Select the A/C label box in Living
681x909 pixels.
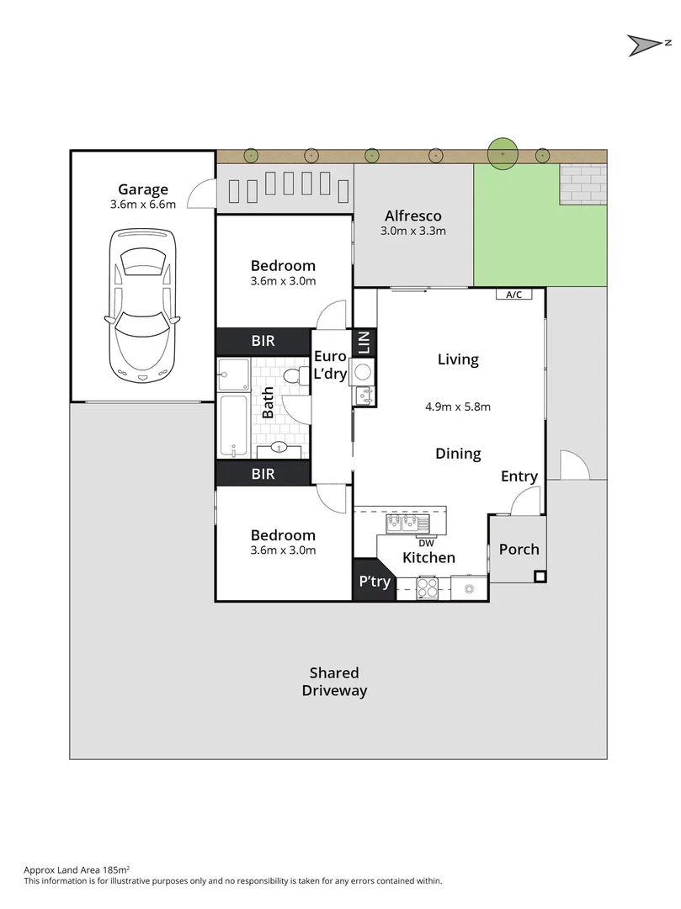coord(513,295)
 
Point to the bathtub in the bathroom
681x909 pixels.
coord(233,426)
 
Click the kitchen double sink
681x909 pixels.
coord(407,524)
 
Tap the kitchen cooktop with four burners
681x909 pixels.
coord(428,588)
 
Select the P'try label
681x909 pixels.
coord(374,582)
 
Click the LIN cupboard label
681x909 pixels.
coord(364,342)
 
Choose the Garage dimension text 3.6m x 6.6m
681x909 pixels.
coord(143,205)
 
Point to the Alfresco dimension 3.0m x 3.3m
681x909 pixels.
coord(412,231)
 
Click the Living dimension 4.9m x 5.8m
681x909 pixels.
coord(458,407)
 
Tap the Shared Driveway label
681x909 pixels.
coord(334,682)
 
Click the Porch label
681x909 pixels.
coord(519,549)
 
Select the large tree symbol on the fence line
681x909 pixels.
coord(503,155)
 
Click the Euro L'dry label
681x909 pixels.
coord(329,365)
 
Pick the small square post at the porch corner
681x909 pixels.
coord(540,577)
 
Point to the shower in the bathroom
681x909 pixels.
coord(233,375)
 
